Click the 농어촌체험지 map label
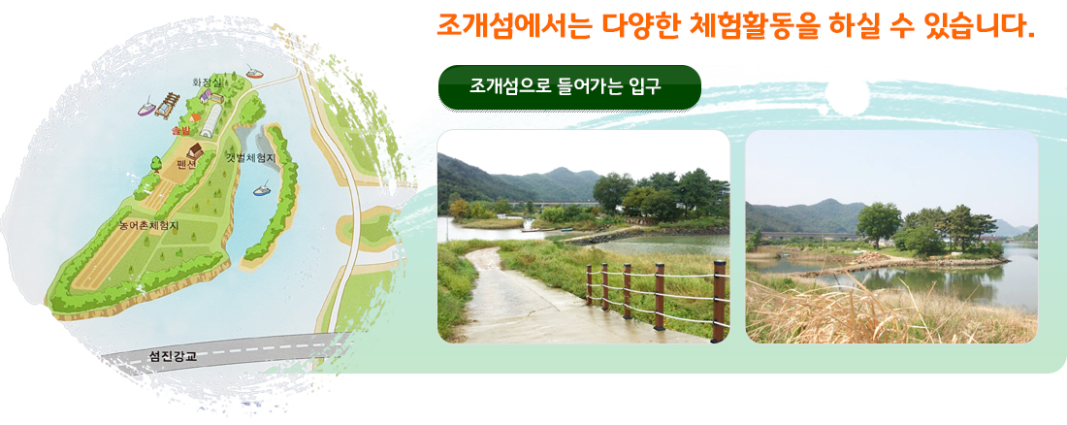pyautogui.click(x=148, y=225)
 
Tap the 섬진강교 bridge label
pyautogui.click(x=172, y=355)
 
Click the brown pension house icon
pyautogui.click(x=196, y=149)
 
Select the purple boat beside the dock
pyautogui.click(x=146, y=107)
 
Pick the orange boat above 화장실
pyautogui.click(x=255, y=72)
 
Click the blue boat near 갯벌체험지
pyautogui.click(x=262, y=189)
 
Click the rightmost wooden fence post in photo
pyautogui.click(x=719, y=301)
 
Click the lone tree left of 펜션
pyautogui.click(x=156, y=163)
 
